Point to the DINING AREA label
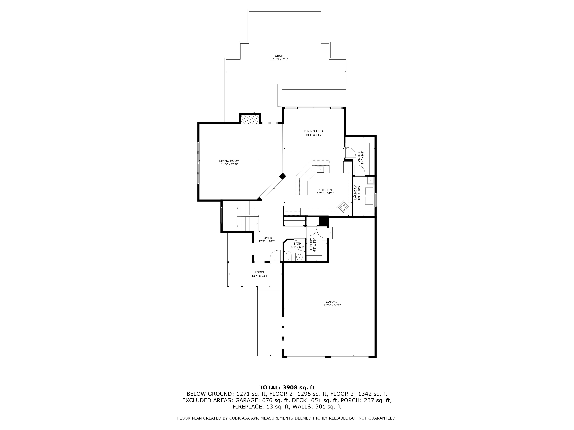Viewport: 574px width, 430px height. pos(314,131)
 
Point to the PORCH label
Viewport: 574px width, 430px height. pos(260,272)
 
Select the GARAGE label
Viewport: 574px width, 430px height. pos(332,302)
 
